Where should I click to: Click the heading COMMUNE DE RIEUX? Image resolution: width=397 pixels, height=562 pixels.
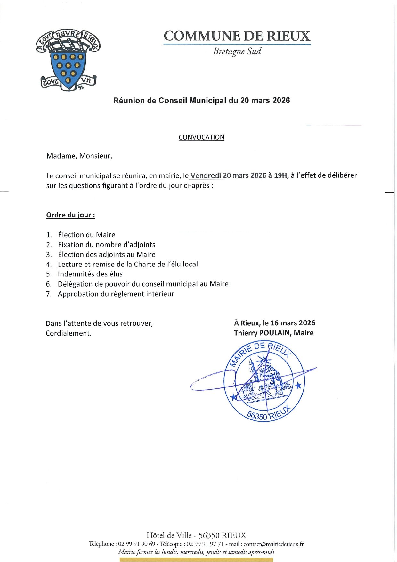coord(237,36)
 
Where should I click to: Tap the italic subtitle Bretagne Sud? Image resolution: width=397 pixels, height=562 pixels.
coord(237,52)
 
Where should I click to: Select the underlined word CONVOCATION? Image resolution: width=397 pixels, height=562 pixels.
coord(201,137)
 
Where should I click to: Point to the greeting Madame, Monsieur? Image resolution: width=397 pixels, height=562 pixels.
coord(79,156)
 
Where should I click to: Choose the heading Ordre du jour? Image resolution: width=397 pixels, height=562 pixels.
coord(70,215)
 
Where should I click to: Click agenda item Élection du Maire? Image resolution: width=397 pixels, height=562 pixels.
coord(86,235)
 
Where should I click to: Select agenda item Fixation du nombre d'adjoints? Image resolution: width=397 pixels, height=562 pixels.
coord(106,245)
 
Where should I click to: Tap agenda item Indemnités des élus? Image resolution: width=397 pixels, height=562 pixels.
coord(90,274)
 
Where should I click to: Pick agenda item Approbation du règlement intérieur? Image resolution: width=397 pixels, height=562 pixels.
coord(116,294)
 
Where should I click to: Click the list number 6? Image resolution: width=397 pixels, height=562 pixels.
coord(49,284)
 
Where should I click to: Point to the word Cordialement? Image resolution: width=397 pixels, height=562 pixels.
coord(69,333)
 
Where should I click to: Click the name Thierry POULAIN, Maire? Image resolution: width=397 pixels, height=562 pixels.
coord(274,333)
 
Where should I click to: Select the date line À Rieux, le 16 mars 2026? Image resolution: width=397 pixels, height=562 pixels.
coord(274,323)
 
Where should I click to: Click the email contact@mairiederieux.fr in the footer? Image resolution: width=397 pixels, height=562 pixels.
coord(273,544)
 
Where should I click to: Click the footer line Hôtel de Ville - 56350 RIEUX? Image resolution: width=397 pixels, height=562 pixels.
coord(196,535)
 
